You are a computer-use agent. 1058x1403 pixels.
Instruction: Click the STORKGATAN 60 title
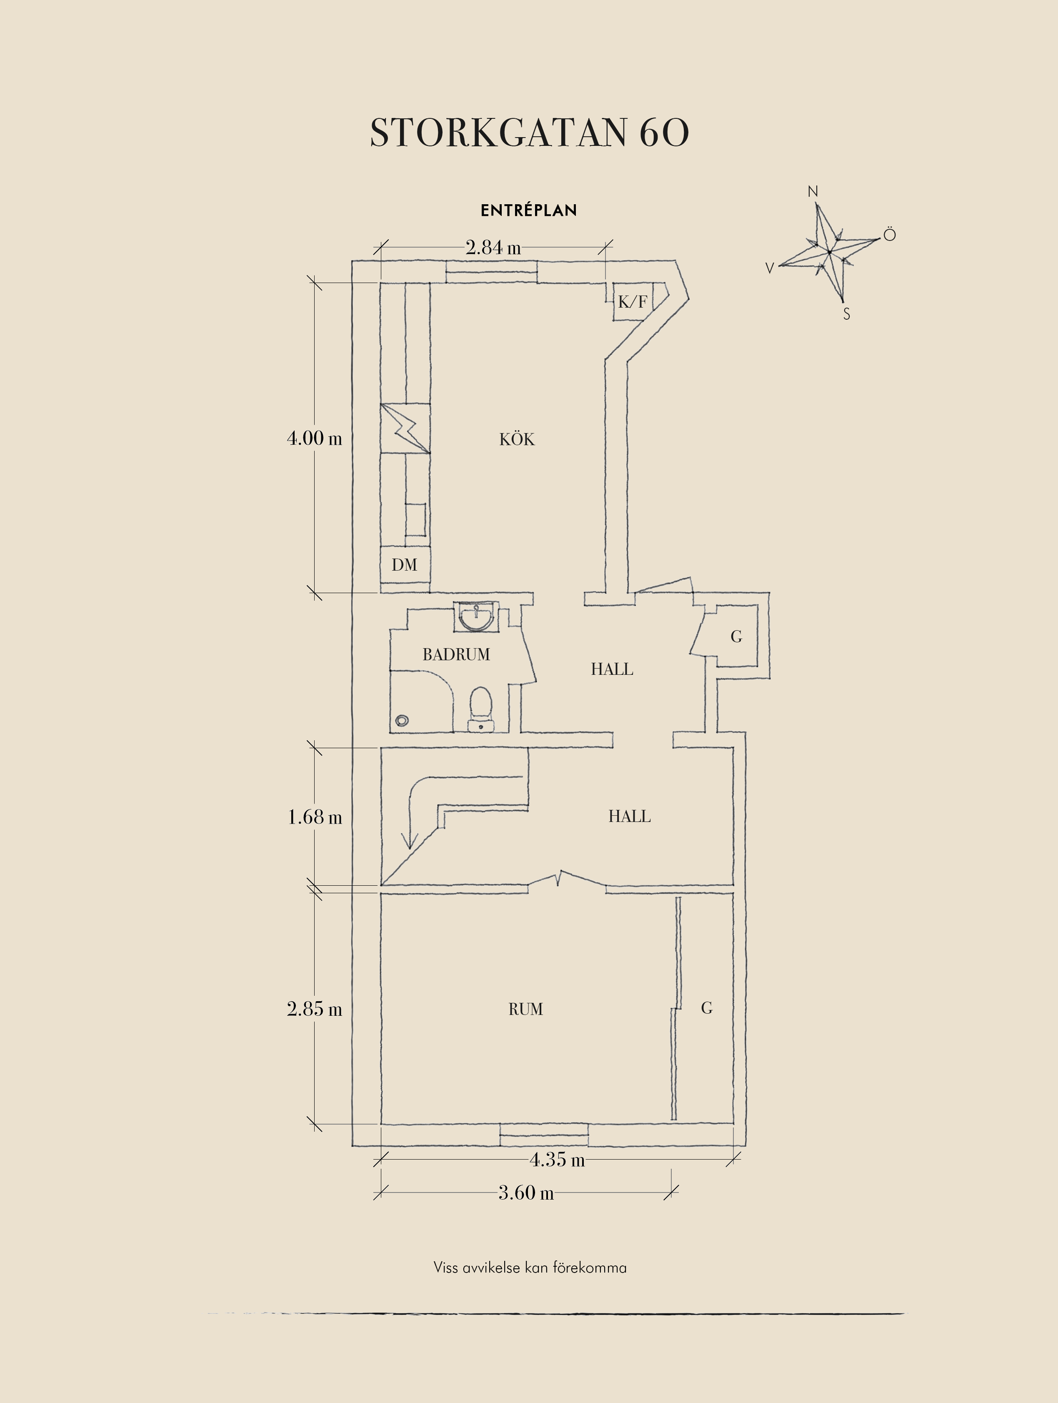coord(529,133)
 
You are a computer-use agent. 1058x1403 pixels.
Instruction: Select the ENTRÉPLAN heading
coord(529,210)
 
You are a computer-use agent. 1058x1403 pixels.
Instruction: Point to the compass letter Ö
coord(889,236)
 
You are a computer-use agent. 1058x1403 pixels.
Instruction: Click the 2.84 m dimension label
coord(493,247)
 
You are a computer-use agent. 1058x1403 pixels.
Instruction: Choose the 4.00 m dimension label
coord(315,438)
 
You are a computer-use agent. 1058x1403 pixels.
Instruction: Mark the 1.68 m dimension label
coord(315,817)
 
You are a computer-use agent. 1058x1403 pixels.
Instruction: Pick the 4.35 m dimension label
coord(557,1160)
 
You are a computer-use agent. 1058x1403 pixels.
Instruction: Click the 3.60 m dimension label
coord(525,1193)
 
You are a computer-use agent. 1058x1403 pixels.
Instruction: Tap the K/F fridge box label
coord(633,302)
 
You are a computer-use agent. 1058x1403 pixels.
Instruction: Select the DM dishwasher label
coord(405,564)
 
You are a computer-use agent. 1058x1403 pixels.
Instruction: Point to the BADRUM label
coord(456,654)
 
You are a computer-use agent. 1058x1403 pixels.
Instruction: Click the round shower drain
coord(401,721)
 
